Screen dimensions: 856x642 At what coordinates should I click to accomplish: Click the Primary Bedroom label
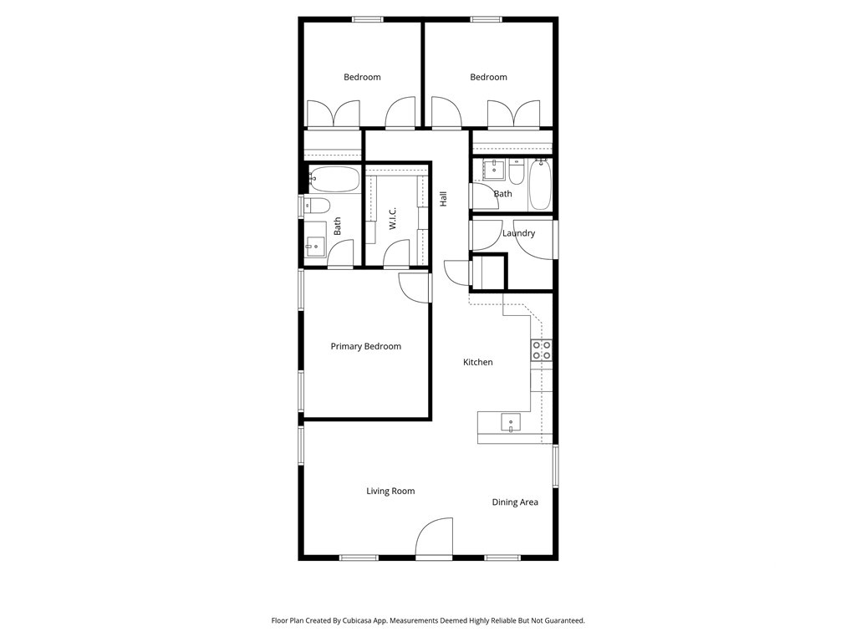click(x=366, y=347)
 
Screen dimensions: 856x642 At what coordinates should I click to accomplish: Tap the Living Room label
click(x=390, y=492)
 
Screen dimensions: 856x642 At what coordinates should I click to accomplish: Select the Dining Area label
click(x=515, y=502)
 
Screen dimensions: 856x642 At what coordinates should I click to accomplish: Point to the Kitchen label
click(x=477, y=362)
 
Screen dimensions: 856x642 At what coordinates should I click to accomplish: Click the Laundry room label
click(x=518, y=233)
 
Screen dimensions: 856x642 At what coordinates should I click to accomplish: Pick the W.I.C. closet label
click(x=393, y=218)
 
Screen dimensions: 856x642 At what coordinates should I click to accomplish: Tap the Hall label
click(x=443, y=199)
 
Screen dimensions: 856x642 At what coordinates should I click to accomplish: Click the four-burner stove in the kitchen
click(x=542, y=350)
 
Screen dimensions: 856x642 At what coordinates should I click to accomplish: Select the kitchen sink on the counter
click(x=511, y=423)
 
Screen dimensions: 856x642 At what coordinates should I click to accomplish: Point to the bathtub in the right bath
click(x=541, y=184)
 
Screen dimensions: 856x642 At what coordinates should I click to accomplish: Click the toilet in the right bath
click(x=517, y=171)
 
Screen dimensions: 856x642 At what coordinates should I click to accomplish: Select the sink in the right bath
click(x=494, y=169)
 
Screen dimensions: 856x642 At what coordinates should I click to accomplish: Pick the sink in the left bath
click(x=314, y=247)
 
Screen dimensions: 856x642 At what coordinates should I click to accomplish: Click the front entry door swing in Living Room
click(x=434, y=538)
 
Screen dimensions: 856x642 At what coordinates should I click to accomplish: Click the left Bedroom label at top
click(x=362, y=77)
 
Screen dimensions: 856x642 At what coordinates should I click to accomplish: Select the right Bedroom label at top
click(x=488, y=77)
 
